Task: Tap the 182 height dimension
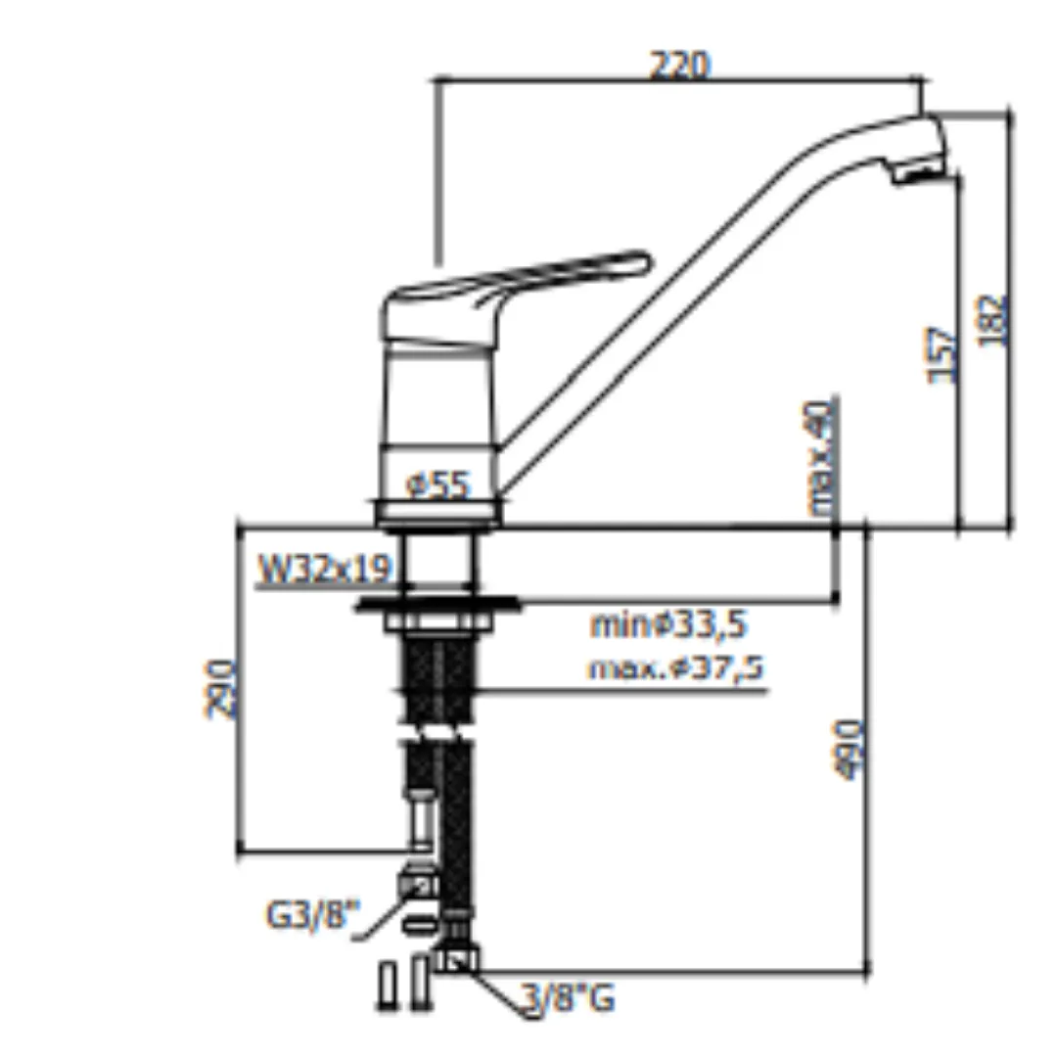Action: (x=993, y=321)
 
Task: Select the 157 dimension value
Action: (x=942, y=355)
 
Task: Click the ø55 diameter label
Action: (x=437, y=484)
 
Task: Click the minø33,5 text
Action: (x=668, y=624)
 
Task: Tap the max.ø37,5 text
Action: (x=676, y=668)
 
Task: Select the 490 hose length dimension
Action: (x=849, y=750)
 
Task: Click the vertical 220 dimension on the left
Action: (x=220, y=689)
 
